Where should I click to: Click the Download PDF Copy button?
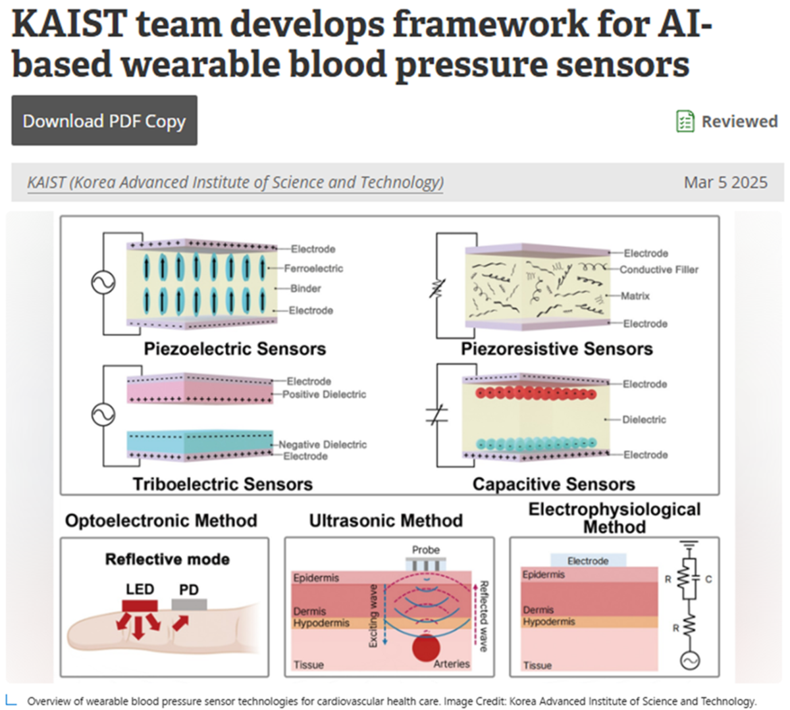pyautogui.click(x=104, y=121)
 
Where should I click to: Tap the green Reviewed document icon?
pyautogui.click(x=685, y=121)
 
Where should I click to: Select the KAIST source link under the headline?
pyautogui.click(x=235, y=182)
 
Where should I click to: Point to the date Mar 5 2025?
pyautogui.click(x=725, y=182)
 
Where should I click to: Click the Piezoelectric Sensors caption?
pyautogui.click(x=235, y=349)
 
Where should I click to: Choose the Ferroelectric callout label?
pyautogui.click(x=313, y=268)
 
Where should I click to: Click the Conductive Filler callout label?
pyautogui.click(x=659, y=270)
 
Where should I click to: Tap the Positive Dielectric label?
pyautogui.click(x=324, y=394)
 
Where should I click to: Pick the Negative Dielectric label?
pyautogui.click(x=323, y=444)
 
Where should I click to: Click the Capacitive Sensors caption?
pyautogui.click(x=554, y=485)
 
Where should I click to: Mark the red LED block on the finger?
pyautogui.click(x=140, y=604)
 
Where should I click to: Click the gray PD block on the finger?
pyautogui.click(x=189, y=604)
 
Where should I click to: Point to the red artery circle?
pyautogui.click(x=426, y=647)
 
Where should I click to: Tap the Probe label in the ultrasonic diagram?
pyautogui.click(x=426, y=549)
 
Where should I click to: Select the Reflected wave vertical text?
pyautogui.click(x=483, y=616)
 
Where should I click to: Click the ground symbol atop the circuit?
pyautogui.click(x=689, y=545)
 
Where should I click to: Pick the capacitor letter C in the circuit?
pyautogui.click(x=708, y=579)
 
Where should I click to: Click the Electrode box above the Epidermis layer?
pyautogui.click(x=588, y=561)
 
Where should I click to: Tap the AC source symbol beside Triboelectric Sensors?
pyautogui.click(x=103, y=415)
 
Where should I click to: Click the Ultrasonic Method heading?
pyautogui.click(x=386, y=521)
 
